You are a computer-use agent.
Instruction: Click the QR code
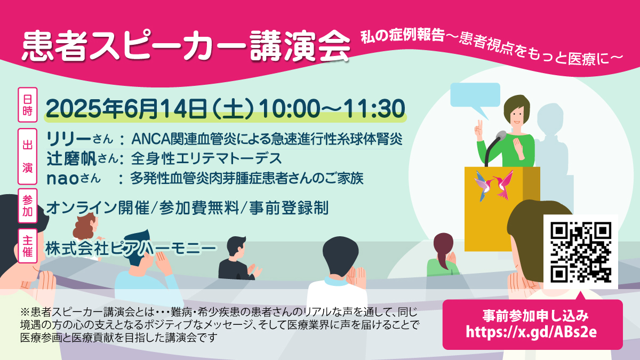tap(580, 252)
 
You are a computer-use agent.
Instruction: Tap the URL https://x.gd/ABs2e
tap(531, 332)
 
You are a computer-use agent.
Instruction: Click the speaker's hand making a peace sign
tap(478, 130)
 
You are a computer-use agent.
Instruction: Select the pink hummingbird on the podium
tap(505, 185)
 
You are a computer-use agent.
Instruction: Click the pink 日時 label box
tap(28, 105)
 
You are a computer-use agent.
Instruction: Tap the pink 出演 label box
tap(28, 156)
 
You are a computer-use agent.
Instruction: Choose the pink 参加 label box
tap(28, 206)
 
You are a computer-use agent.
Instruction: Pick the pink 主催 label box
tap(28, 246)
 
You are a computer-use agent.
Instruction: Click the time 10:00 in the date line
tap(289, 109)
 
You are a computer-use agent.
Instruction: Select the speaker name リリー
tap(69, 139)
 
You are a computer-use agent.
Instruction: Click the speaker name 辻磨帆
tap(71, 158)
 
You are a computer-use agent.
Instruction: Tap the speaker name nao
tap(62, 179)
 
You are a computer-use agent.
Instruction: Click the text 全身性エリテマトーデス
tap(206, 158)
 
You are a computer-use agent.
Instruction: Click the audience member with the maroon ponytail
tap(443, 255)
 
